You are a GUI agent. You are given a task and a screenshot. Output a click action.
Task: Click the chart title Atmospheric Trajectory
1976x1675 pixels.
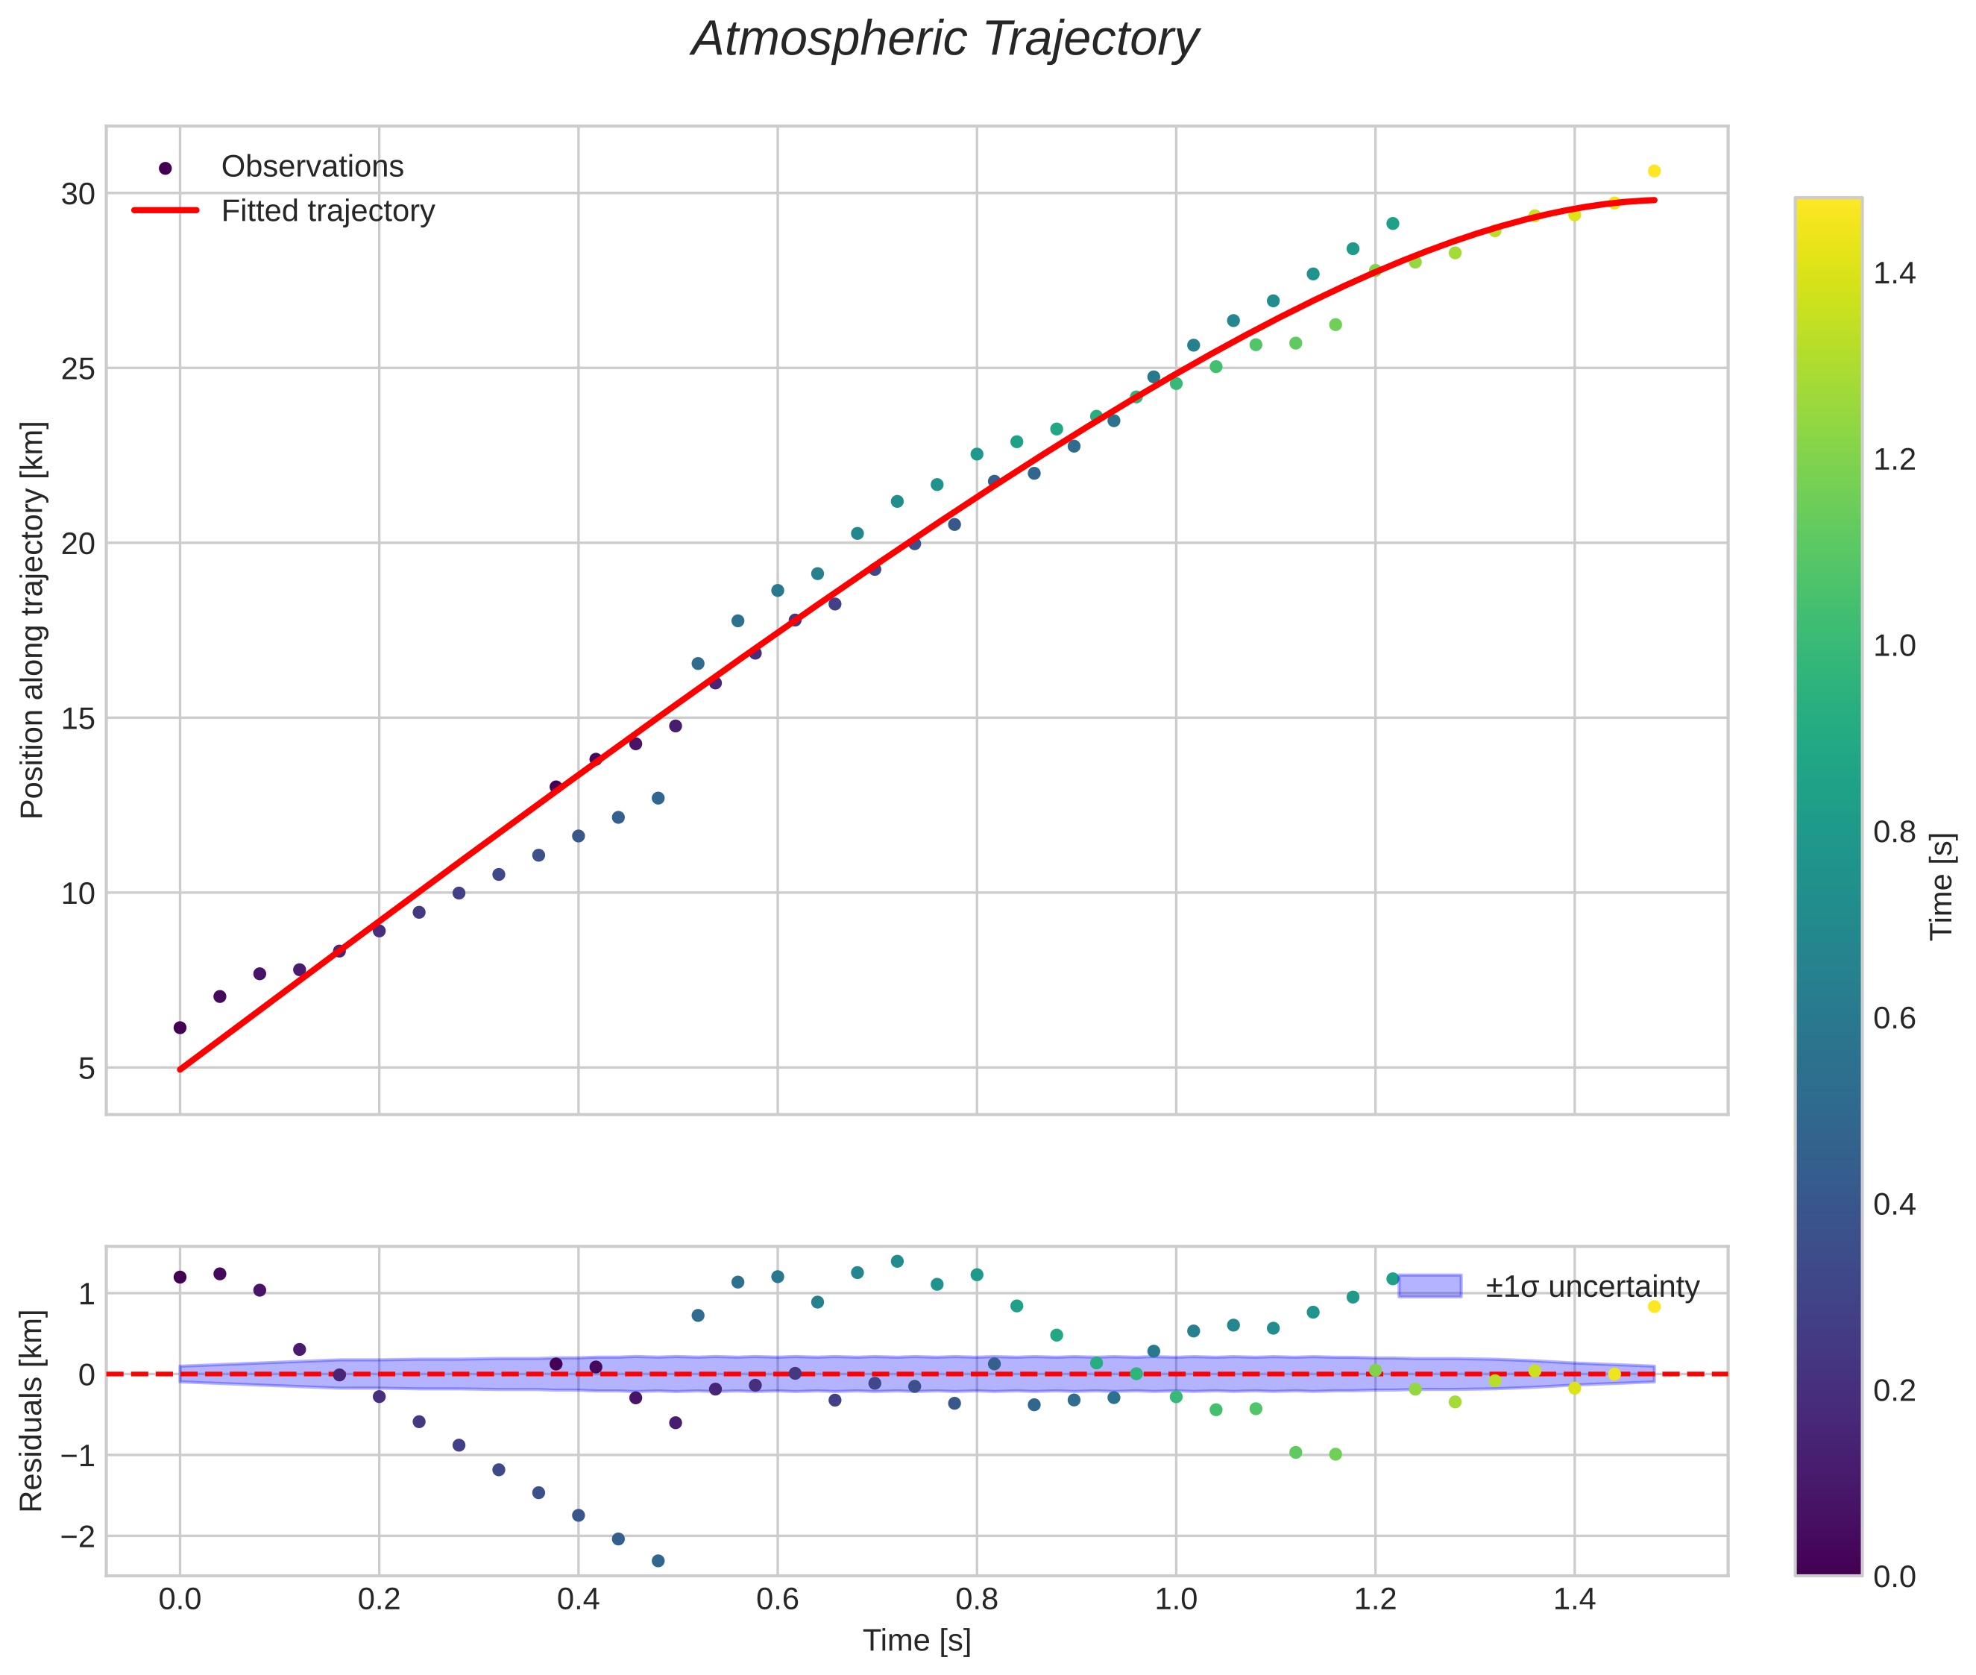click(944, 40)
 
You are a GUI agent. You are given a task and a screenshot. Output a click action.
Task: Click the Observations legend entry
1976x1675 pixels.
click(312, 167)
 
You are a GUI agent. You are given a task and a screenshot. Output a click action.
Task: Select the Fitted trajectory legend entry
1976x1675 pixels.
click(327, 211)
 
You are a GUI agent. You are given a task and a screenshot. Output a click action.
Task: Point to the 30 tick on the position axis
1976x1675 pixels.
click(79, 195)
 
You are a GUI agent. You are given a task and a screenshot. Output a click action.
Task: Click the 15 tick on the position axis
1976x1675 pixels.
click(79, 719)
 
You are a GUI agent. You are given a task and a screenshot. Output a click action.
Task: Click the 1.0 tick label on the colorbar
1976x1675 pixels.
click(1894, 646)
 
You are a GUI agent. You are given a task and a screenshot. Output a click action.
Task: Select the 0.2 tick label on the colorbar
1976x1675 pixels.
click(1894, 1390)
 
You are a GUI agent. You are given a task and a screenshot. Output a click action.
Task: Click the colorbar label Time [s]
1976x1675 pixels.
click(1942, 886)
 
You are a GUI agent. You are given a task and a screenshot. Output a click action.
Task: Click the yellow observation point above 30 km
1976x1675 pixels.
click(1653, 171)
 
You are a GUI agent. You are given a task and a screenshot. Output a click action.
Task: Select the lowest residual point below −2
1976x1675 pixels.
click(658, 1560)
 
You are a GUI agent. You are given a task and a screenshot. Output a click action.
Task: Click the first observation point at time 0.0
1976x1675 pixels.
click(180, 1028)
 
